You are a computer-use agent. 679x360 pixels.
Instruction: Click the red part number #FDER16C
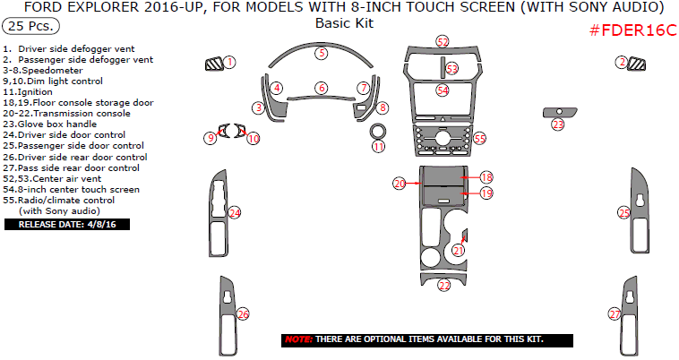[x=632, y=30]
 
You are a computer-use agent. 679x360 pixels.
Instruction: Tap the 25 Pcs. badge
[x=30, y=26]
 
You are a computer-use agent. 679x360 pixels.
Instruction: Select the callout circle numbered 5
[x=322, y=53]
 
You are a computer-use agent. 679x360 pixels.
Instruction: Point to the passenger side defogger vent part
[x=637, y=64]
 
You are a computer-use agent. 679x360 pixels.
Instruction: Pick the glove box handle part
[x=560, y=112]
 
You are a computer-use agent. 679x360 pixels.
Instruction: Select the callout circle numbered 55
[x=479, y=139]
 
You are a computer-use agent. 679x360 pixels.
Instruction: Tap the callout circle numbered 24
[x=235, y=212]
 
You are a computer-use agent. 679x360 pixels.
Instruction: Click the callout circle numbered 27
[x=615, y=314]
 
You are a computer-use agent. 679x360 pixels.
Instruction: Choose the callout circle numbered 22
[x=444, y=285]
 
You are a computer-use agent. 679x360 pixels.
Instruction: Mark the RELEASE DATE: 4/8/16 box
[x=67, y=224]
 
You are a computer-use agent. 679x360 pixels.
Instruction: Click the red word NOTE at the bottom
[x=298, y=339]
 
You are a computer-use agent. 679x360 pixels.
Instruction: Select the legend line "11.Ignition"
[x=28, y=91]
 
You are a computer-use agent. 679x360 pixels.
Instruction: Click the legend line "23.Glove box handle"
[x=50, y=124]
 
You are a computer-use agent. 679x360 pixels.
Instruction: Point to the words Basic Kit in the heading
[x=344, y=23]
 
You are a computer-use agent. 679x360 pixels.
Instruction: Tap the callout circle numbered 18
[x=486, y=177]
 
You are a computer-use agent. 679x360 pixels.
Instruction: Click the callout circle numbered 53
[x=452, y=69]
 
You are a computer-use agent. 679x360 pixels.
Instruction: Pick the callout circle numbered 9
[x=211, y=138]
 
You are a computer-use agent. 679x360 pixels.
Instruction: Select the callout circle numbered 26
[x=243, y=314]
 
